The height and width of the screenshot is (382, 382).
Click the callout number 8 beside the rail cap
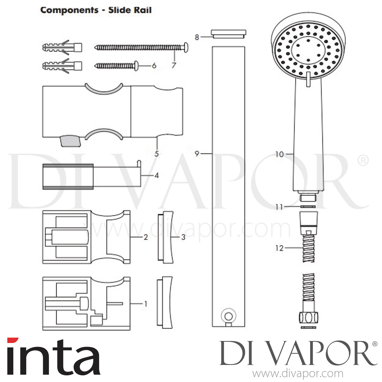[197, 37]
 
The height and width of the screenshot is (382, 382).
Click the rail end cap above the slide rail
[228, 34]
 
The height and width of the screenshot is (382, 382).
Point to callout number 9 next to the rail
[197, 154]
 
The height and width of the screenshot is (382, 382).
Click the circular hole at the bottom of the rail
[228, 317]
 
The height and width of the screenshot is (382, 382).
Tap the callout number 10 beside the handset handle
[279, 154]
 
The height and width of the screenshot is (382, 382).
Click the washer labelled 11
[308, 207]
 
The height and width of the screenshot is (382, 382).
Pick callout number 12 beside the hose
[279, 248]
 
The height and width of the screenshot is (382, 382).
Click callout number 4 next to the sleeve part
[156, 175]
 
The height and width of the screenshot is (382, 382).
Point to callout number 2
[146, 237]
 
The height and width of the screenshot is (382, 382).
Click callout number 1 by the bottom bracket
[146, 304]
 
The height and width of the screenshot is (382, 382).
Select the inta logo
[53, 360]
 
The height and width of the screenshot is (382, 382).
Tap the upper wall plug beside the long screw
[62, 47]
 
